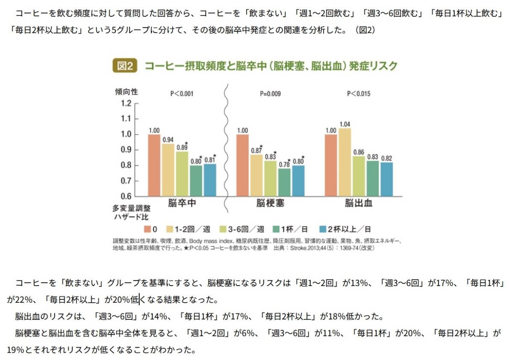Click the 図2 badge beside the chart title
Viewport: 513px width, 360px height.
pyautogui.click(x=125, y=66)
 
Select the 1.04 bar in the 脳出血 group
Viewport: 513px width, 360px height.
pyautogui.click(x=345, y=162)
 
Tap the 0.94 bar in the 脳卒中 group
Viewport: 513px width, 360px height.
pyautogui.click(x=168, y=170)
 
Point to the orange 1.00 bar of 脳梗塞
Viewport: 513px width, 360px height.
pyautogui.click(x=242, y=165)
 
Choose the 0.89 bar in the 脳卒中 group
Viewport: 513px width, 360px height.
pyautogui.click(x=182, y=174)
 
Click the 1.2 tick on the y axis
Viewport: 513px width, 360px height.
pyautogui.click(x=126, y=103)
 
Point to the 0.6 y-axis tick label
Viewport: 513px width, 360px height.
pyautogui.click(x=126, y=196)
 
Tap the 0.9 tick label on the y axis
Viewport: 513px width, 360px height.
pyautogui.click(x=126, y=150)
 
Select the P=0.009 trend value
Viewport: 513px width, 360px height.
pyautogui.click(x=270, y=93)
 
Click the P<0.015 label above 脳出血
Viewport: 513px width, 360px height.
pyautogui.click(x=359, y=93)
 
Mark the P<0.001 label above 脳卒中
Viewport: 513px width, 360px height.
pyautogui.click(x=182, y=93)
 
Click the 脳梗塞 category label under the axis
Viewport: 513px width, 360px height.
pyautogui.click(x=270, y=204)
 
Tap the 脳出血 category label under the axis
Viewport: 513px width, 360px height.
pyautogui.click(x=358, y=204)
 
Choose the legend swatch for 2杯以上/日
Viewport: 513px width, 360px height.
pyautogui.click(x=324, y=229)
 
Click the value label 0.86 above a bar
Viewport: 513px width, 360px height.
pyautogui.click(x=359, y=152)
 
